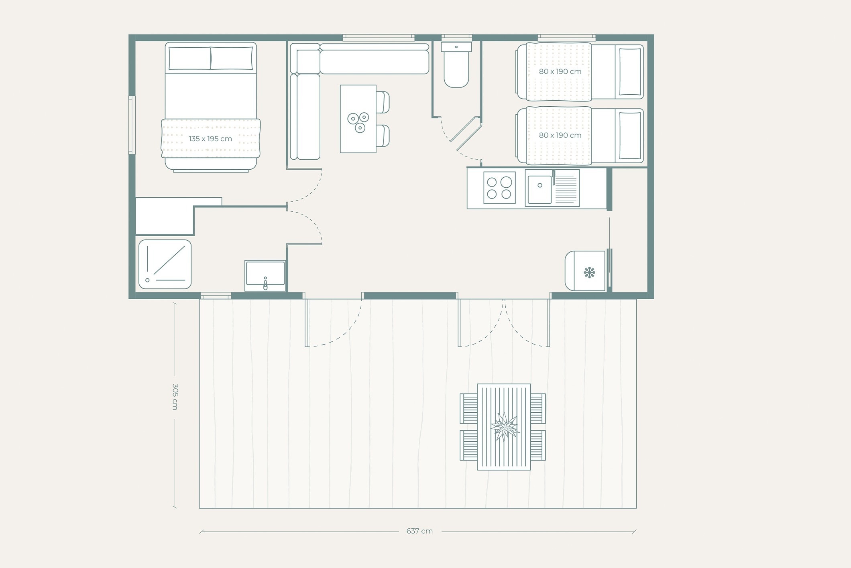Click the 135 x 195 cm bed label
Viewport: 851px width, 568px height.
pos(210,139)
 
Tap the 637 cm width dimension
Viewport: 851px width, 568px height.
pos(419,531)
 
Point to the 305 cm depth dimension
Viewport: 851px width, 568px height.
pos(175,397)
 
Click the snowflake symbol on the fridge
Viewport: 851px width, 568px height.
pos(589,273)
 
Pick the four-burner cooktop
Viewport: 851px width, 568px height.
pos(499,188)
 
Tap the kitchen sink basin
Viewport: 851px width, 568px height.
pos(540,189)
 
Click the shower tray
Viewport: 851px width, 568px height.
pos(165,264)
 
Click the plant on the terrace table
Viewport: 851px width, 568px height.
pos(505,426)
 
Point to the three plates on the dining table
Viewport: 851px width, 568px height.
pos(358,122)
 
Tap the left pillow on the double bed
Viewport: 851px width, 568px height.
pos(189,58)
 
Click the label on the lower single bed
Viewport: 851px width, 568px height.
pos(560,136)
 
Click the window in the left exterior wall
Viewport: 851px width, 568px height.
pos(131,125)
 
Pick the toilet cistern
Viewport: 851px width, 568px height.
pos(456,47)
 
